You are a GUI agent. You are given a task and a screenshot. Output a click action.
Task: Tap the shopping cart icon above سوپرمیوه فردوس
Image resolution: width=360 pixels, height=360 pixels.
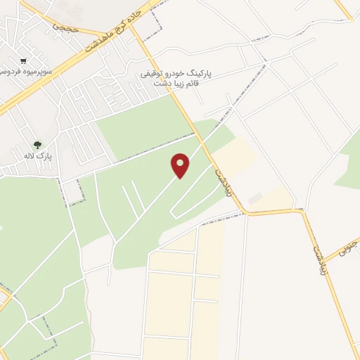coord(24,61)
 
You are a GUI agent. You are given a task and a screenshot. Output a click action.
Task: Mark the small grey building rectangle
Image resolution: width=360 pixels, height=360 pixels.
coord(255,199)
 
